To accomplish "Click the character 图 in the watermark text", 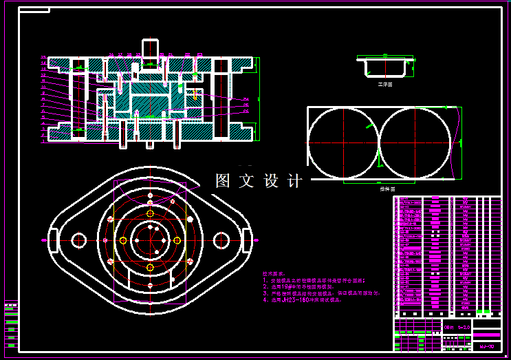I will [223, 181].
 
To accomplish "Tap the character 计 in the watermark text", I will [295, 181].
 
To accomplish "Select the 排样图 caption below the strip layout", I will [391, 188].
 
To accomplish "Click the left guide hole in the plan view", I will [79, 240].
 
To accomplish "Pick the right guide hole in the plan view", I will [221, 240].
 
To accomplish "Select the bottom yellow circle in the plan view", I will [150, 267].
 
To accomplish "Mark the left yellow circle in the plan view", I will [122, 240].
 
